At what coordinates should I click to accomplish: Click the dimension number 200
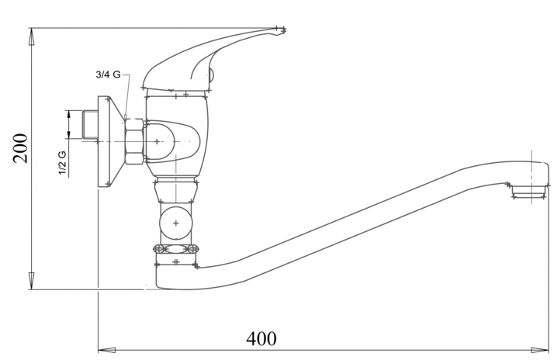click(x=21, y=147)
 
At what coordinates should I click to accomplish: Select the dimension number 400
click(x=261, y=339)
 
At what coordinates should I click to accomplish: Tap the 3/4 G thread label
click(x=107, y=74)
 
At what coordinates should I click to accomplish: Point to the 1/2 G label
click(x=62, y=162)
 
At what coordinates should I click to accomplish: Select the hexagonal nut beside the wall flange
click(x=135, y=141)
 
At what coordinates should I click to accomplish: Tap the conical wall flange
click(x=109, y=141)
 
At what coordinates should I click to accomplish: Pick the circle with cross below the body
click(x=175, y=223)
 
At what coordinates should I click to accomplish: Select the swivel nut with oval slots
click(x=176, y=249)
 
